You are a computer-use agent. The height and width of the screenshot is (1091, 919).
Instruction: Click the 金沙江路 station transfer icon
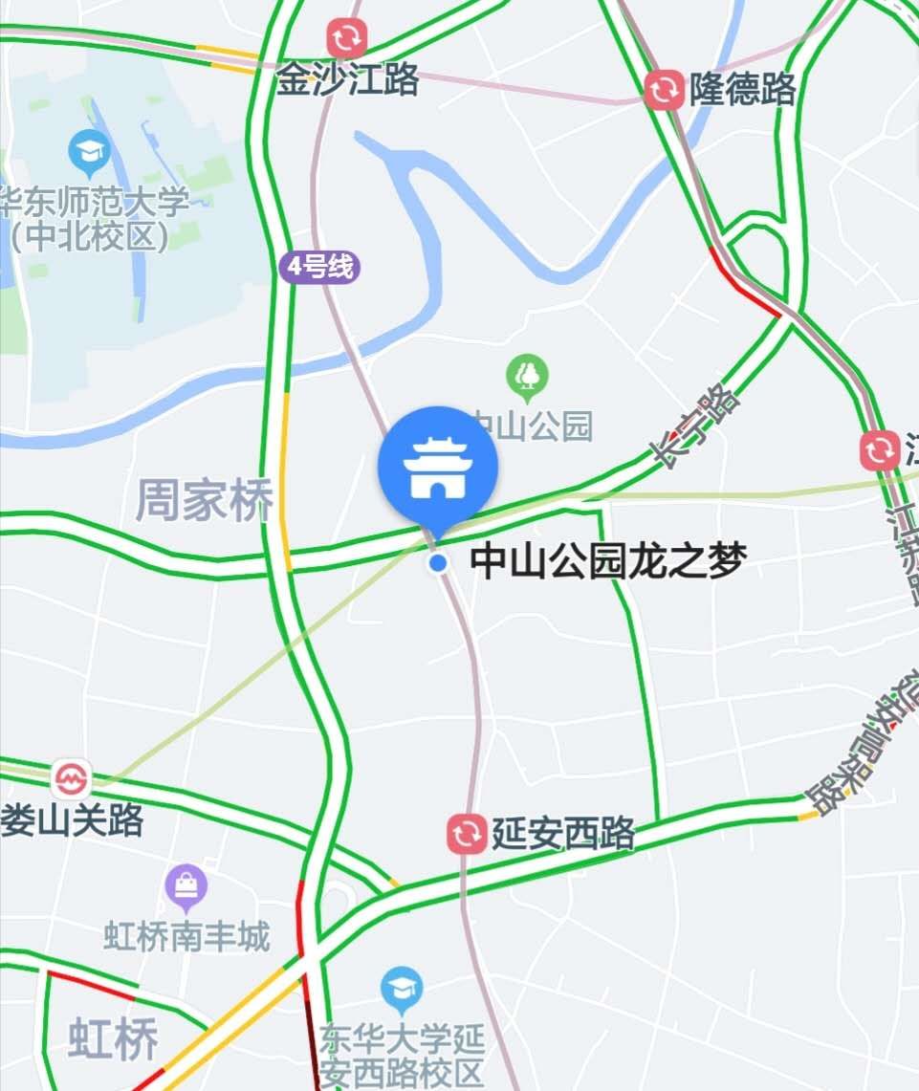pyautogui.click(x=346, y=39)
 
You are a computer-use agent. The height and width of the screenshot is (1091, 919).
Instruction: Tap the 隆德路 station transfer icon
pyautogui.click(x=664, y=90)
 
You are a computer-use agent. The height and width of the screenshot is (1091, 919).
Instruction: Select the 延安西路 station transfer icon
pyautogui.click(x=467, y=834)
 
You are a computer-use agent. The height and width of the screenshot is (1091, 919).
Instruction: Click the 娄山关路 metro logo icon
pyautogui.click(x=71, y=779)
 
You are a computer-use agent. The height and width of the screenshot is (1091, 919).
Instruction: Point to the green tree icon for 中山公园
pyautogui.click(x=528, y=375)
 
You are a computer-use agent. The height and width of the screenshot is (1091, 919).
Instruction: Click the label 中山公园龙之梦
pyautogui.click(x=607, y=561)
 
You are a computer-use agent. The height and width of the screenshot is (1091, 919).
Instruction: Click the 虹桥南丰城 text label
pyautogui.click(x=187, y=935)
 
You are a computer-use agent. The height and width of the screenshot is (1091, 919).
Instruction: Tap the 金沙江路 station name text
pyautogui.click(x=348, y=81)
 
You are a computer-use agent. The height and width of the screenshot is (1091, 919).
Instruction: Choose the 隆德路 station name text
pyautogui.click(x=742, y=90)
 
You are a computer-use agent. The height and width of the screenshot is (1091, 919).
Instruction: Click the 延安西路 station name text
pyautogui.click(x=563, y=834)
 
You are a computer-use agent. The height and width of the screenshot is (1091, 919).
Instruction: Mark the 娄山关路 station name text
pyautogui.click(x=73, y=819)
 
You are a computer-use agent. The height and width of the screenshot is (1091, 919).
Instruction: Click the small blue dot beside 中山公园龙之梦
pyautogui.click(x=438, y=563)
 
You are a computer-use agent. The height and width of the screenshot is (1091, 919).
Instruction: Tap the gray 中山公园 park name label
pyautogui.click(x=532, y=425)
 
